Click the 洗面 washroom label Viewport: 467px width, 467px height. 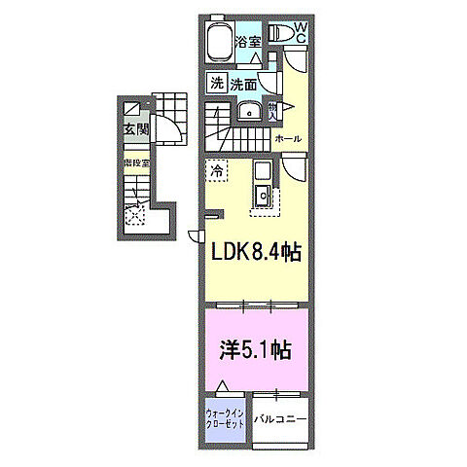coord(243,84)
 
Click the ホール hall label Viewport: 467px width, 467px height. coord(287,139)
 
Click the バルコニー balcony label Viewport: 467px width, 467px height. coord(281,421)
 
